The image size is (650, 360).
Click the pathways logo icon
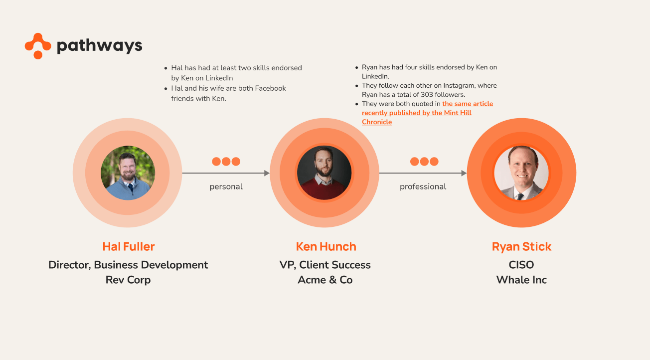(x=38, y=46)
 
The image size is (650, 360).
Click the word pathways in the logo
(x=99, y=46)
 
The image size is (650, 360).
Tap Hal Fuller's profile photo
(x=128, y=173)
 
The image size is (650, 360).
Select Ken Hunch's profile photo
(x=325, y=173)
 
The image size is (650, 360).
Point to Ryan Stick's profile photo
(x=521, y=173)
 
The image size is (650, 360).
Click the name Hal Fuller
(x=129, y=246)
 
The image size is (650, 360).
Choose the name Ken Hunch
(x=326, y=246)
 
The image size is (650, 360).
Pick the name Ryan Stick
(x=521, y=246)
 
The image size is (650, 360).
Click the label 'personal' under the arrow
(x=226, y=186)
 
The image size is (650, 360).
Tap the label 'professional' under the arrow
(x=423, y=186)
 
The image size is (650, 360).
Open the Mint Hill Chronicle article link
(x=427, y=113)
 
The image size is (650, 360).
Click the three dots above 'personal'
(x=226, y=162)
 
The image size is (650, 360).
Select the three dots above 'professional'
(x=424, y=162)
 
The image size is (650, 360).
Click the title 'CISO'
(x=521, y=265)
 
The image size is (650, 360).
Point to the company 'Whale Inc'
(x=521, y=280)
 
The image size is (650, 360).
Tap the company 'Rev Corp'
(x=128, y=280)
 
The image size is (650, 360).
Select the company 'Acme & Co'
(x=325, y=280)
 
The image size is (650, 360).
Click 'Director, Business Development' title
(x=128, y=265)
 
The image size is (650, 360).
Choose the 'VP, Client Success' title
(x=325, y=265)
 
